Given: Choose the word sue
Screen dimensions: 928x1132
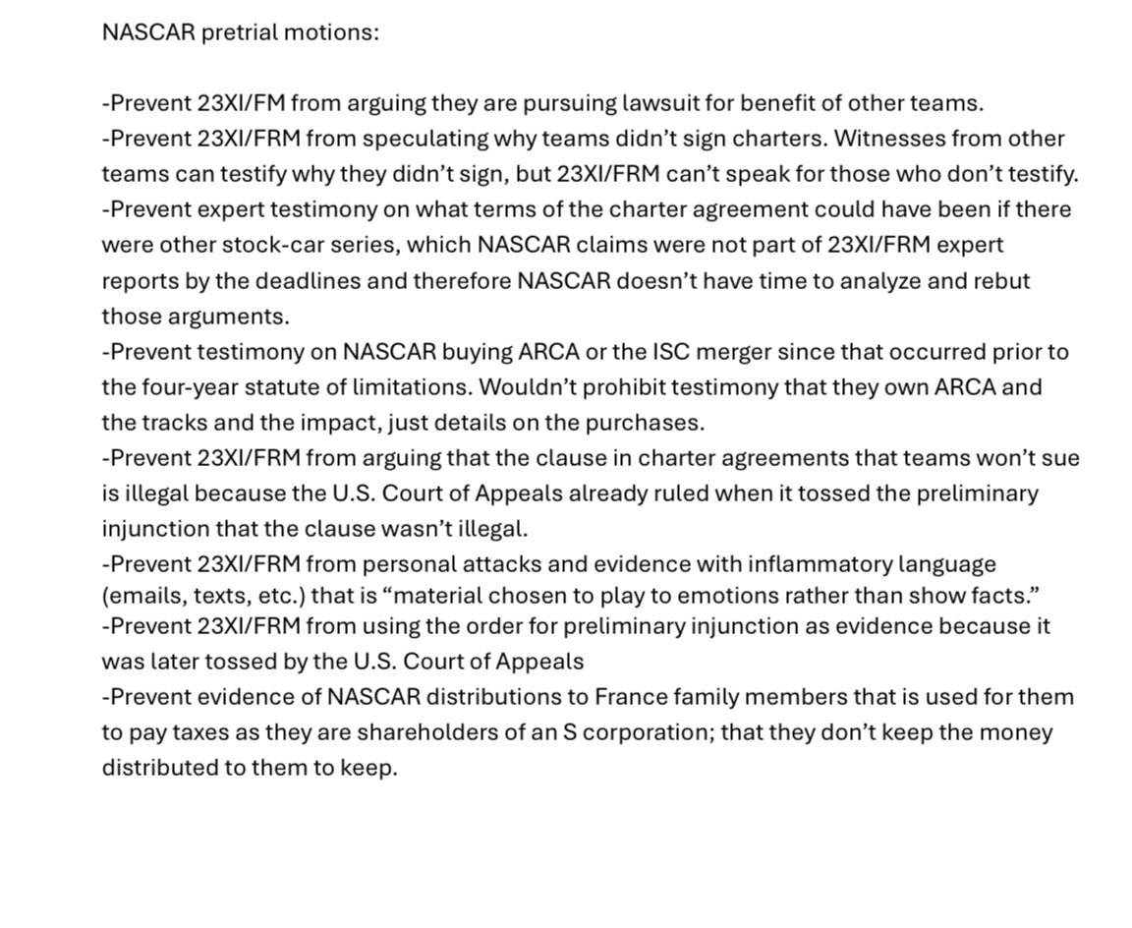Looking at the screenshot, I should [1060, 457].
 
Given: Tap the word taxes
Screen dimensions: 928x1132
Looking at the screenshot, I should [196, 732].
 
